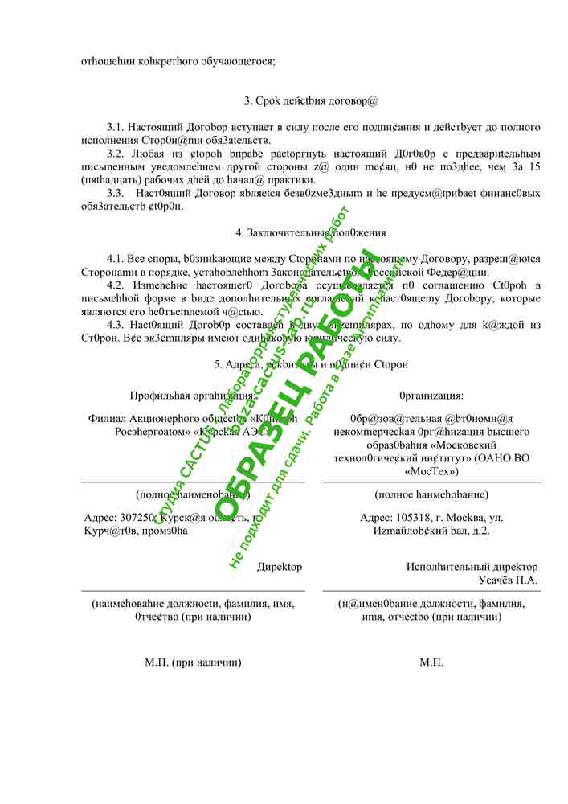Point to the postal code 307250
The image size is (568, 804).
[133, 518]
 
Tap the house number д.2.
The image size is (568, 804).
[480, 531]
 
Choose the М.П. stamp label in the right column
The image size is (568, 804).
[431, 662]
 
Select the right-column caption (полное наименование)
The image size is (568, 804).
[431, 494]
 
